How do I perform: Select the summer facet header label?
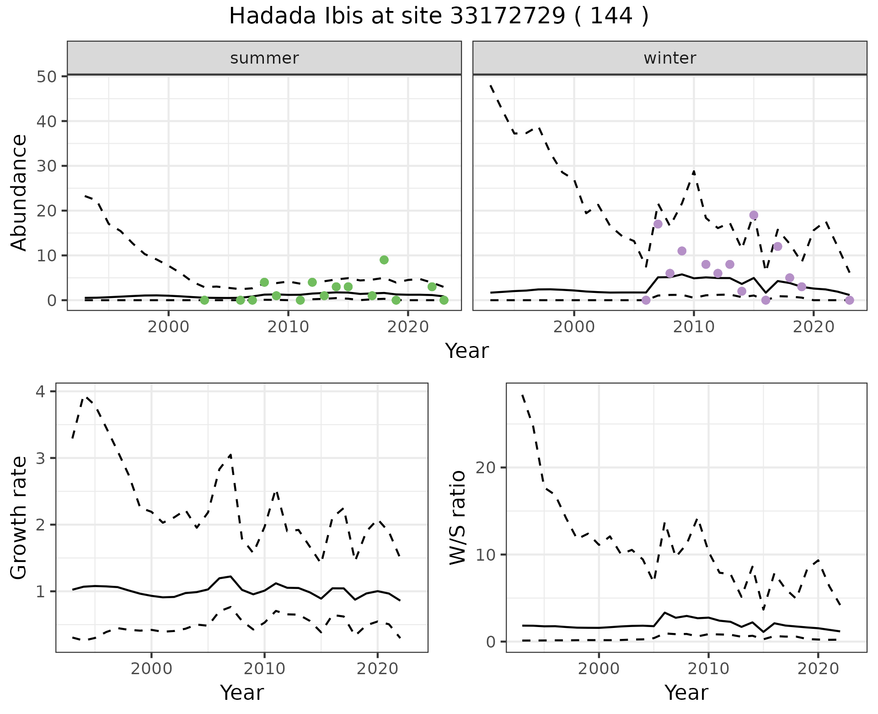coord(264,58)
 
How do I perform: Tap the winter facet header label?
coord(669,58)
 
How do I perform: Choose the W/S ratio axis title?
coord(458,518)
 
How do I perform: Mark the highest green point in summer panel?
coord(384,260)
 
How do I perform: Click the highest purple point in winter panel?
coord(754,215)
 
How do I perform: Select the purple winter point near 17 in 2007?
coord(658,224)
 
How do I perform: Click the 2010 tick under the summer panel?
coord(288,327)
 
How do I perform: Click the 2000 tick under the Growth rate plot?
coord(151,669)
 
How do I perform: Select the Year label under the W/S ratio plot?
coord(686,692)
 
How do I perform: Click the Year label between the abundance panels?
coord(467,351)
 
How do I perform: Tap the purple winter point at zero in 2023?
coord(849,300)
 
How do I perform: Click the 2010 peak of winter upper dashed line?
coord(694,171)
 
